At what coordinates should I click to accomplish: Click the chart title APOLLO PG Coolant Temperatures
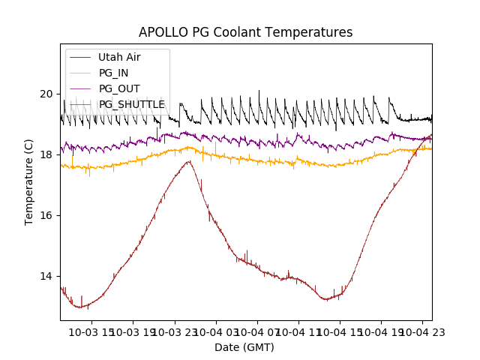coord(245,33)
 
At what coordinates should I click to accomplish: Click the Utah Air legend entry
coord(119,57)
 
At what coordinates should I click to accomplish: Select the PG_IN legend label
coord(113,73)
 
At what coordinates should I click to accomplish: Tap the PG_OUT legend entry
coord(119,88)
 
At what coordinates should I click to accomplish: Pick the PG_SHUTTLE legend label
coord(131,104)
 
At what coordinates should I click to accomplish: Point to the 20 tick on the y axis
coord(46,94)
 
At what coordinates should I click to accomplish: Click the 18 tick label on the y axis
coord(46,154)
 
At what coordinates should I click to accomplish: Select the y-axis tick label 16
coord(46,215)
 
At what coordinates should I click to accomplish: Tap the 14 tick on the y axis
coord(46,276)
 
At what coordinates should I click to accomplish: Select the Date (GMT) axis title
coord(244,347)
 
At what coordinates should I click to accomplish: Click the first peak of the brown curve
coord(189,161)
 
